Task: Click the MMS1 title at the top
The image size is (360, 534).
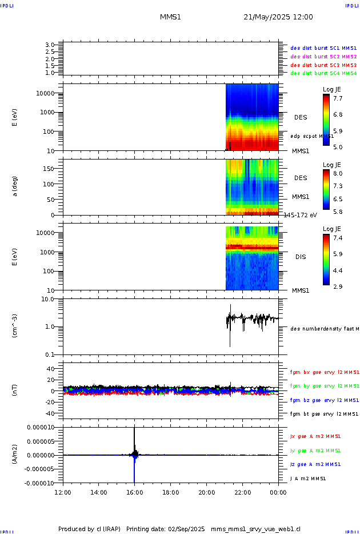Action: tap(170, 17)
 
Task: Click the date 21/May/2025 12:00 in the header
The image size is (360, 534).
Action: tap(278, 17)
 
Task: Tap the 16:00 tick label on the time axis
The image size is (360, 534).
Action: tap(134, 491)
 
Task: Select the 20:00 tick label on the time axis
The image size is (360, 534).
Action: tap(206, 491)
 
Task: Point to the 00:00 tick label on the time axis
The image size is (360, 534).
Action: tap(278, 491)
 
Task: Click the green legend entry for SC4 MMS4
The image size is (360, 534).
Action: tap(323, 73)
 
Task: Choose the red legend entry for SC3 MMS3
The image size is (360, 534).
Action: tap(323, 65)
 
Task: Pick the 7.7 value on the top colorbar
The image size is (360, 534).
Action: tap(338, 98)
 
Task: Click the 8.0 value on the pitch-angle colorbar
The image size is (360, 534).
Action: tap(338, 173)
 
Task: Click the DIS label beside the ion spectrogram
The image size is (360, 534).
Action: tap(301, 257)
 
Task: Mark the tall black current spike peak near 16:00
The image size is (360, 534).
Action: tap(134, 429)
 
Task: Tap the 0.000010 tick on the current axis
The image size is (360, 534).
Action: tap(40, 428)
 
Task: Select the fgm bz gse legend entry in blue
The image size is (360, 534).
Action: tap(324, 400)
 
